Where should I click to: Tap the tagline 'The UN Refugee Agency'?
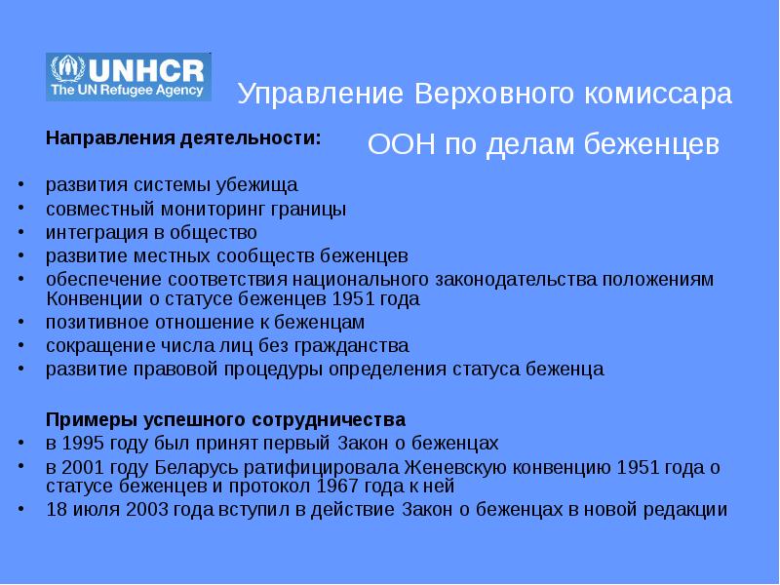pyautogui.click(x=127, y=90)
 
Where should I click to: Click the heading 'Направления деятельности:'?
pyautogui.click(x=183, y=137)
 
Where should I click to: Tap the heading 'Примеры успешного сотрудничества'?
pyautogui.click(x=226, y=420)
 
